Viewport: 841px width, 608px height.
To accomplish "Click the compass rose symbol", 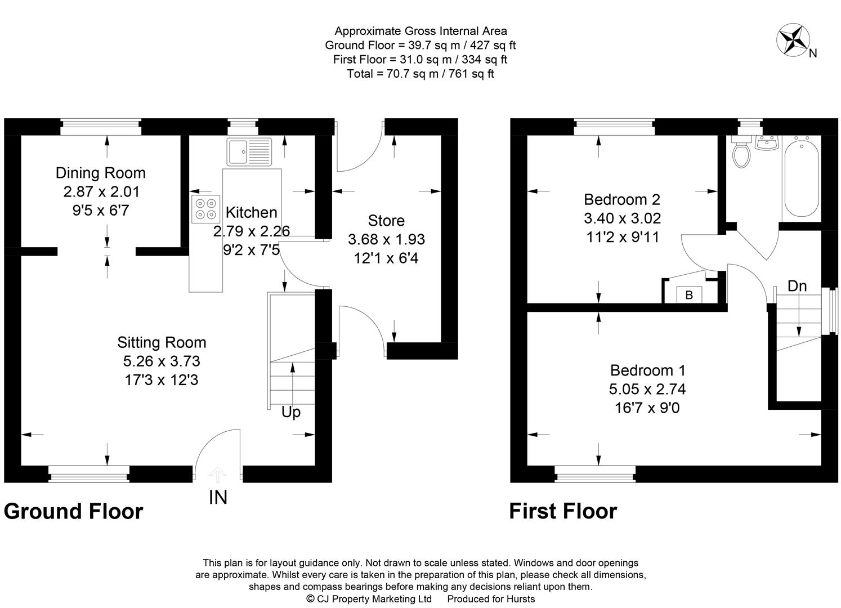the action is click(793, 40).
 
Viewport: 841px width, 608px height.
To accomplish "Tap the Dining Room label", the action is click(101, 173).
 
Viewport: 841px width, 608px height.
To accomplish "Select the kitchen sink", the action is click(249, 151).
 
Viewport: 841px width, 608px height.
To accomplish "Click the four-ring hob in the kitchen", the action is click(205, 208).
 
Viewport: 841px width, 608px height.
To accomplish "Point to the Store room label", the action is click(386, 221).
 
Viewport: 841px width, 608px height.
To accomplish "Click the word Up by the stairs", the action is click(291, 413).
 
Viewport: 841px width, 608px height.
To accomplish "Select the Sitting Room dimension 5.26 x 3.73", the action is click(162, 361).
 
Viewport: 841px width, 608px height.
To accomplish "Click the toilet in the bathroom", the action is click(740, 153).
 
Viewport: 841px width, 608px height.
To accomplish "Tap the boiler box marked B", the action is click(689, 294).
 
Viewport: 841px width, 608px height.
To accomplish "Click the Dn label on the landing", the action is click(797, 286).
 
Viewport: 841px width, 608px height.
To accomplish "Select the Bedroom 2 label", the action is click(622, 199).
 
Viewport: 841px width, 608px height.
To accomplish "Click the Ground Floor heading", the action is click(73, 511).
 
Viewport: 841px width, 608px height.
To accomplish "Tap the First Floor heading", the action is click(563, 511).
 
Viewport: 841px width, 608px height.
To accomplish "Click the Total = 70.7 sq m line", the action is click(420, 74).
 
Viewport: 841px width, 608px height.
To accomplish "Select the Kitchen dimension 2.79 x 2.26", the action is click(252, 231).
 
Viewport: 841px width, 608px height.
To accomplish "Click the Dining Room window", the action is click(101, 127).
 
